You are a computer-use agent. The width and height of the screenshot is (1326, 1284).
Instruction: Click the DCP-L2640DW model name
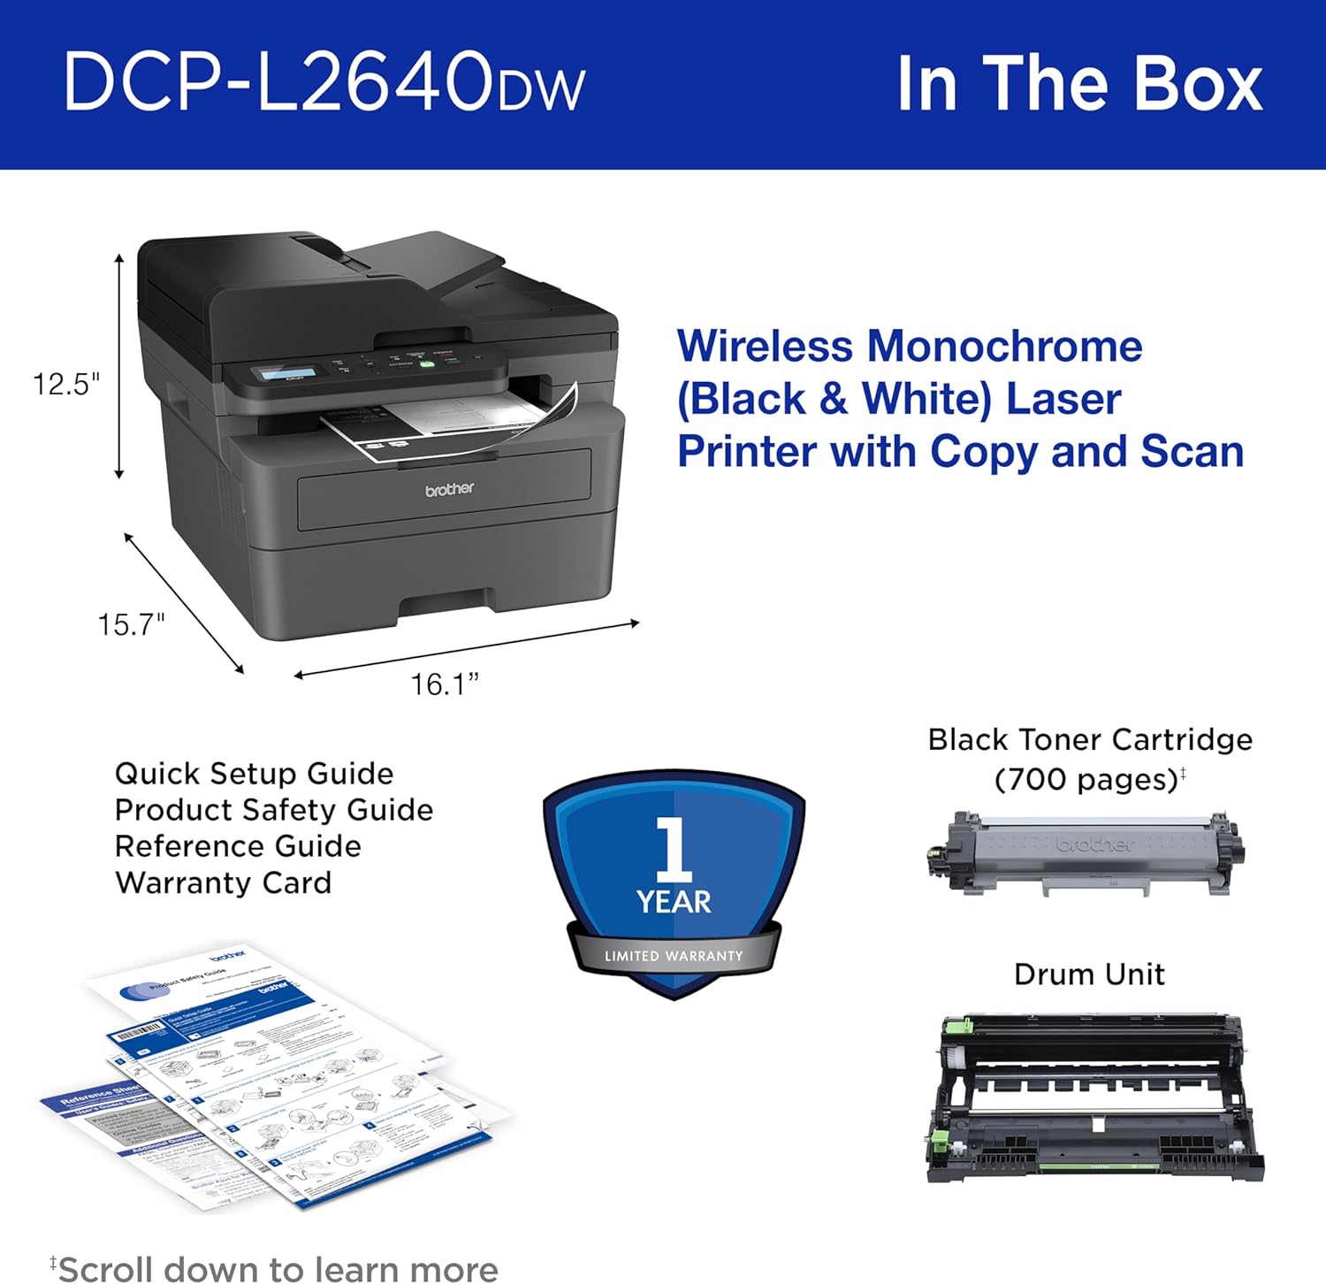(x=324, y=82)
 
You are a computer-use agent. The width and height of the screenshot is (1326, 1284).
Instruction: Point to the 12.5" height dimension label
(x=66, y=384)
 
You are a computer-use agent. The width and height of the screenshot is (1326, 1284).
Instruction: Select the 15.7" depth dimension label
(x=131, y=624)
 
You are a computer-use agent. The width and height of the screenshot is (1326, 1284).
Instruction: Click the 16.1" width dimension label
(x=445, y=684)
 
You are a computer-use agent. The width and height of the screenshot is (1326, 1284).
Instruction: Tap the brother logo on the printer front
(x=449, y=489)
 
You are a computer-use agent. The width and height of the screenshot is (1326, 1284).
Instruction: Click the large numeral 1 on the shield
(x=674, y=848)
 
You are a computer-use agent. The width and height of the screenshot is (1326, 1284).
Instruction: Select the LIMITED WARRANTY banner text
(x=674, y=956)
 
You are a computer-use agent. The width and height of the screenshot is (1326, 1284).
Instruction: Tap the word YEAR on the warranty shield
(x=674, y=902)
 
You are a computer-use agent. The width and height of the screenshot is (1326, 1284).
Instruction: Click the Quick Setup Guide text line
(x=254, y=774)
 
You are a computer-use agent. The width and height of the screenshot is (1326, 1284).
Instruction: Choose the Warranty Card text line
(x=223, y=883)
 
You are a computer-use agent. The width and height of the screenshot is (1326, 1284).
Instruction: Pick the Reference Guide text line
(x=238, y=846)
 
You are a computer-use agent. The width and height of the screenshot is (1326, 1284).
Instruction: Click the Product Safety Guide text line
(x=274, y=810)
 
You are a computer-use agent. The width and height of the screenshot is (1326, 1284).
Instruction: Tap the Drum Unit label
(x=1089, y=974)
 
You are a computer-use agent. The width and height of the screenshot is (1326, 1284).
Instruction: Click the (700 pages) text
(x=1087, y=779)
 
